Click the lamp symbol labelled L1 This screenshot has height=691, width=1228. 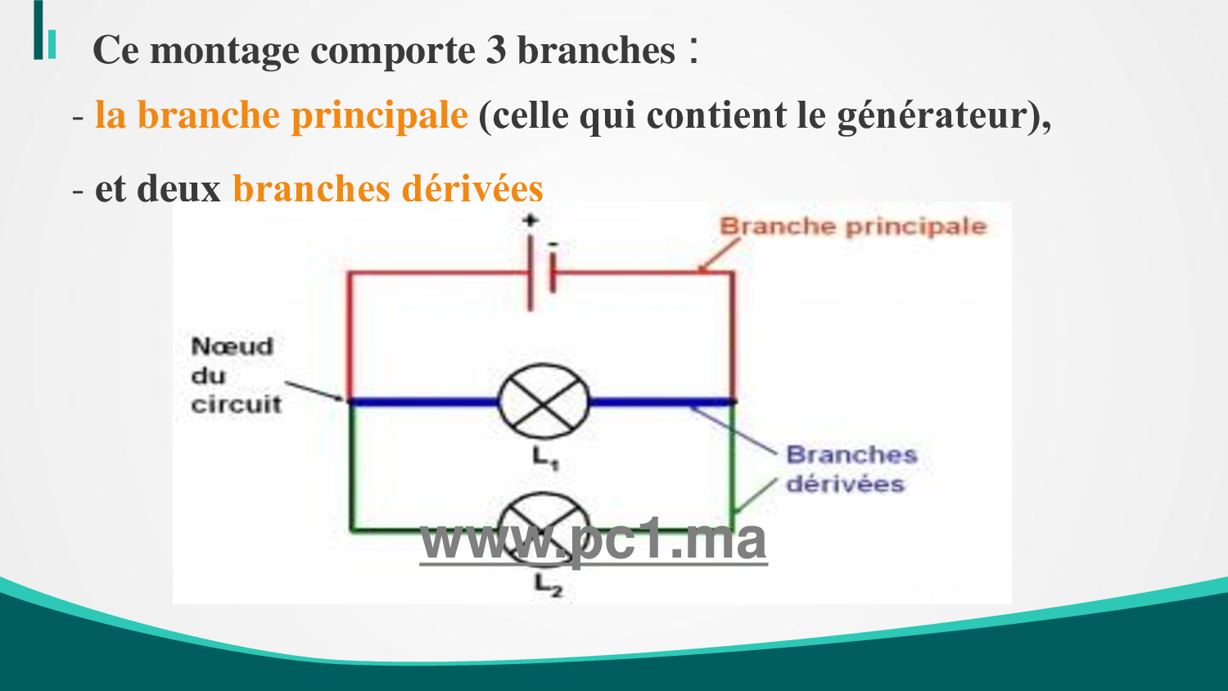click(x=544, y=402)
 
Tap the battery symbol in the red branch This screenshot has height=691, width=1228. click(x=542, y=273)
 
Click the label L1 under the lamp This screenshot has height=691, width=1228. click(x=545, y=458)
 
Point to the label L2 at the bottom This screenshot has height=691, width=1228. click(x=549, y=585)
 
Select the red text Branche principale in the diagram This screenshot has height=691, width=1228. click(x=853, y=227)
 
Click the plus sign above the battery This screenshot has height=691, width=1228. click(x=530, y=220)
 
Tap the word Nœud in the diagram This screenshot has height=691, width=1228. click(x=232, y=346)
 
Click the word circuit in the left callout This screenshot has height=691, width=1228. click(x=237, y=404)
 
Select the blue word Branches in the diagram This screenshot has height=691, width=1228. click(x=851, y=454)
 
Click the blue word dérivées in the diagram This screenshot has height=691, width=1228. click(x=845, y=484)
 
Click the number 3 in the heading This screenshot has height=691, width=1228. click(x=495, y=50)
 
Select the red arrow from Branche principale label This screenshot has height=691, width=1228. click(x=719, y=255)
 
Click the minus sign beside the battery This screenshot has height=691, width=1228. click(x=553, y=244)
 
